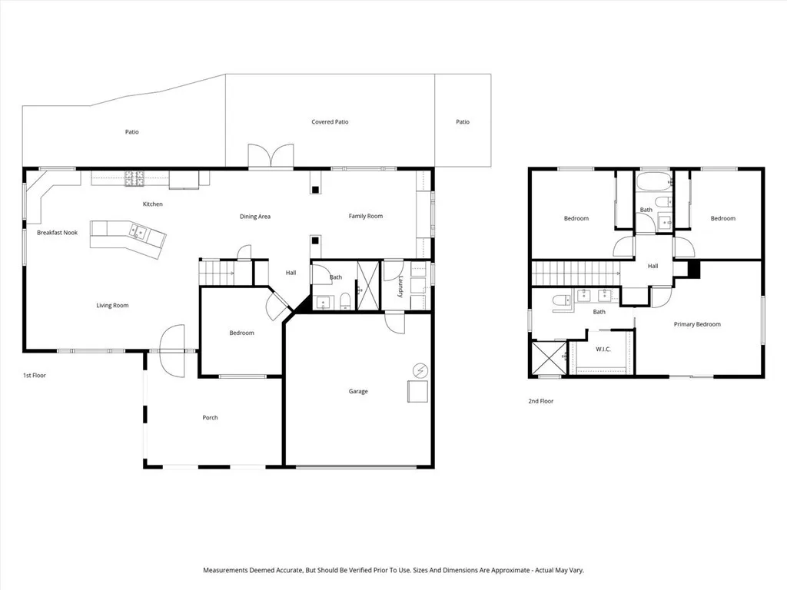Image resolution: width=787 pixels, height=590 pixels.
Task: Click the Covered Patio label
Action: pos(330,122)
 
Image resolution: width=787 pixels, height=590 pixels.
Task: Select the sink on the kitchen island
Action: pos(139,230)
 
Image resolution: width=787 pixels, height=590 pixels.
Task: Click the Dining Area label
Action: pos(255,217)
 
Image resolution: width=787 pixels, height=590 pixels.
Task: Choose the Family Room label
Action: pos(366,217)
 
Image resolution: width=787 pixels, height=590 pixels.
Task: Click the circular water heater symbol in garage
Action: pos(420,370)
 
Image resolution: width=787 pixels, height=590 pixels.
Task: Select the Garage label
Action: pos(358,392)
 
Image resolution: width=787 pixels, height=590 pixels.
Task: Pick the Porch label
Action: pos(210,418)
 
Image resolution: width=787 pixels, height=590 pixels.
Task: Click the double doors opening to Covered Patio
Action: pos(271,156)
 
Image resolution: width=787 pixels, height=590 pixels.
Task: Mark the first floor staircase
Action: pos(218,272)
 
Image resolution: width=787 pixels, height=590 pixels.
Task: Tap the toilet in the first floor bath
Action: pos(347,300)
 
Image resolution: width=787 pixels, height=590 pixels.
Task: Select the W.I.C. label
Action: pos(603,350)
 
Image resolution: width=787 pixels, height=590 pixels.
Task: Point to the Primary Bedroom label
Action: pos(697,324)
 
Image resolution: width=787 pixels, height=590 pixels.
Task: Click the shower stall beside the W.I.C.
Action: pos(549,358)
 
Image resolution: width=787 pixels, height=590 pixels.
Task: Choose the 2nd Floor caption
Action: pos(540,401)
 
